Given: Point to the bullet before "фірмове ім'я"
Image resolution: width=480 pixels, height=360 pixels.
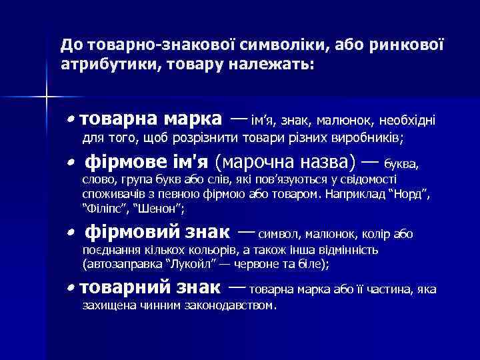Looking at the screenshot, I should coord(71,163).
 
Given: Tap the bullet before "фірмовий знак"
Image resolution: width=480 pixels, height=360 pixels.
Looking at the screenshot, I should coord(71,233).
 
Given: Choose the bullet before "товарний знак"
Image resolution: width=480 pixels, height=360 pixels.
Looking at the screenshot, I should coord(71,289).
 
